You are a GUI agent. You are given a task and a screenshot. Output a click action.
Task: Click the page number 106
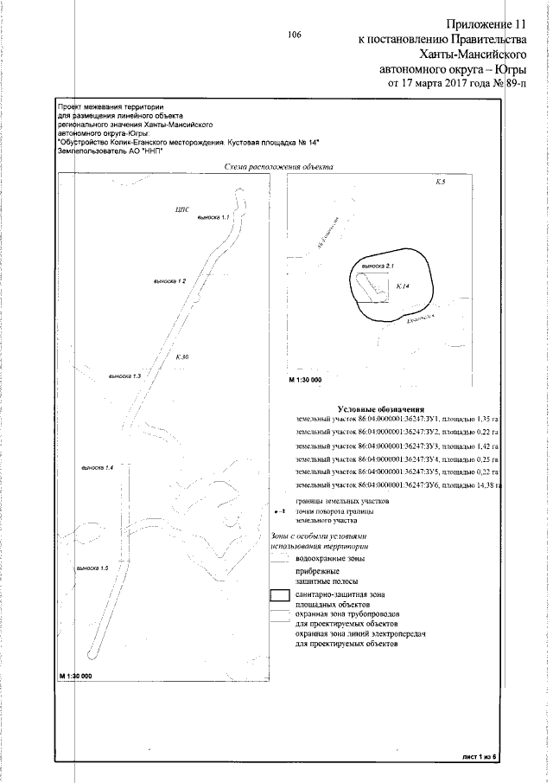pos(294,35)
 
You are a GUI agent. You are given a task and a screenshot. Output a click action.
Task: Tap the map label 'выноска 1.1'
pos(212,217)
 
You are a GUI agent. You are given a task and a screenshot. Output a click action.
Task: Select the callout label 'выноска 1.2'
pos(169,282)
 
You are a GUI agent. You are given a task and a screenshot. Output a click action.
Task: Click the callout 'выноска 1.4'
pos(98,467)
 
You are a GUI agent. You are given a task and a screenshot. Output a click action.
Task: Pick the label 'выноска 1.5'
pos(92,568)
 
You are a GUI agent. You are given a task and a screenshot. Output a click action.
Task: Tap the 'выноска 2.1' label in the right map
pos(377,265)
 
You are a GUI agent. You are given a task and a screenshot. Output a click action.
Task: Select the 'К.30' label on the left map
pos(181,356)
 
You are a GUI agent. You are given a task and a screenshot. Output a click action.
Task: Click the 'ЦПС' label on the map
pos(181,209)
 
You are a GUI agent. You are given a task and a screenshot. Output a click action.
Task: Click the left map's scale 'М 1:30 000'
pos(76,675)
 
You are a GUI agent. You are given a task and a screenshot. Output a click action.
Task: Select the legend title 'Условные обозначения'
pos(380,408)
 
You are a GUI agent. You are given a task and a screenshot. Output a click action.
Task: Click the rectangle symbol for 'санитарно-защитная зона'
pos(278,596)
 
